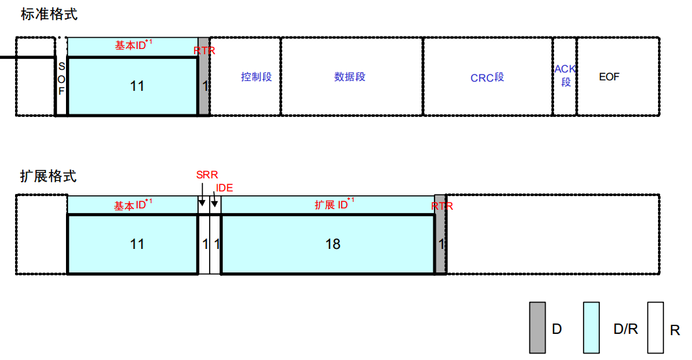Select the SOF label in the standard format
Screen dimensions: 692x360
61,79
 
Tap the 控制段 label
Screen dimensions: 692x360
256,77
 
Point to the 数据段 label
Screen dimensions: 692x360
350,77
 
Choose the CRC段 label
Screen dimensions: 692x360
487,78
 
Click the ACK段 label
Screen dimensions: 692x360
565,75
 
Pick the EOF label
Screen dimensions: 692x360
609,77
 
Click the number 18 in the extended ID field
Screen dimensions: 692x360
333,244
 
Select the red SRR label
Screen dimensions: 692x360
206,175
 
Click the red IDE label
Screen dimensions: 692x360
224,188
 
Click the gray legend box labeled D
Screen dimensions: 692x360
537,327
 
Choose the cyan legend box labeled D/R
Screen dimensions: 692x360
592,327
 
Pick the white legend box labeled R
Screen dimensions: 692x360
655,327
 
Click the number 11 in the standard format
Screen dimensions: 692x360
137,86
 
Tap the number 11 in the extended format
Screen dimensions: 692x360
137,244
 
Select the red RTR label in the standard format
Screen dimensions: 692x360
205,50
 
